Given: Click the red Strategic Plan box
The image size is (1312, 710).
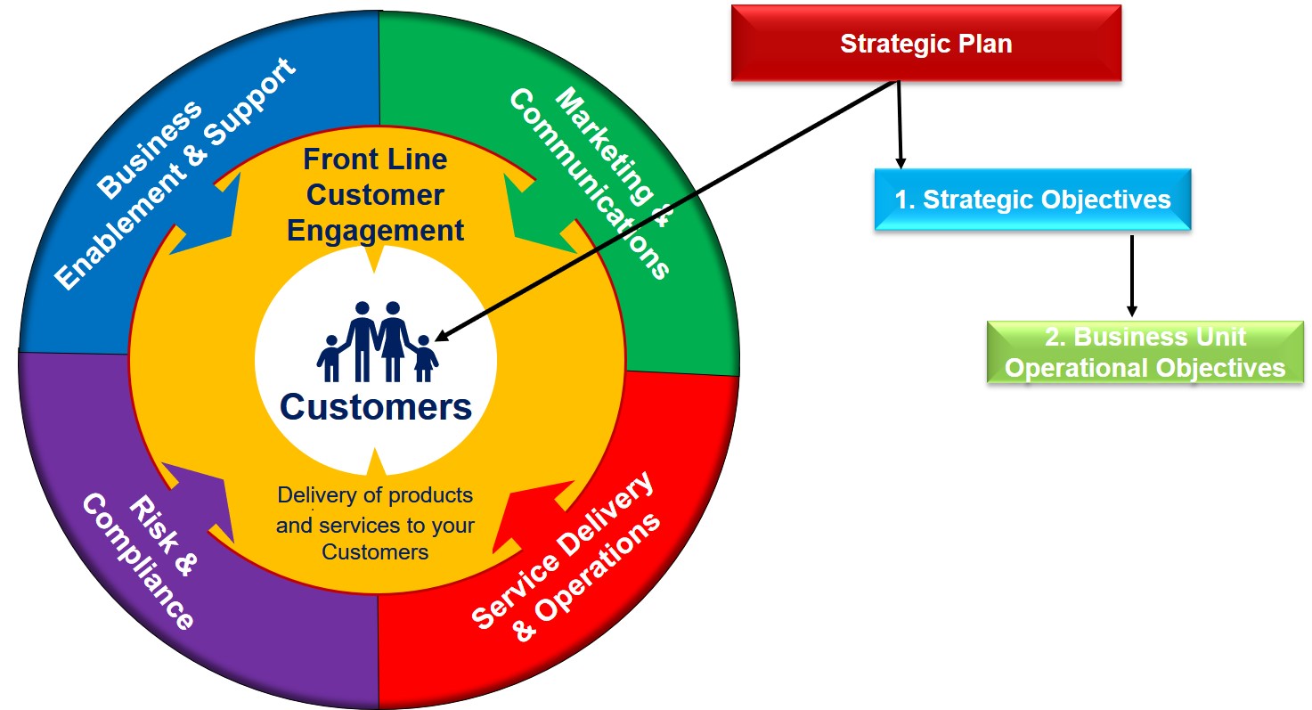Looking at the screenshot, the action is [x=926, y=43].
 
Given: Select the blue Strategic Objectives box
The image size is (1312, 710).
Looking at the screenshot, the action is [x=1032, y=200].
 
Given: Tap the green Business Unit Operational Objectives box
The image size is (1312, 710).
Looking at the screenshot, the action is [x=1145, y=352].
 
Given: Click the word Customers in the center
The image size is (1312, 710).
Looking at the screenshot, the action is [x=376, y=406].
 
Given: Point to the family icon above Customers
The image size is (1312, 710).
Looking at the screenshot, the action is [x=377, y=342].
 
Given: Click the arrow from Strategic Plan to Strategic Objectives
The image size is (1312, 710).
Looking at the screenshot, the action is [x=900, y=125].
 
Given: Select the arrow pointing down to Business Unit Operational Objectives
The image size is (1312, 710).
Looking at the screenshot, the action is [x=1131, y=276].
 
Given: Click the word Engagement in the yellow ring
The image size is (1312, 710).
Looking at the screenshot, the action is [x=375, y=230].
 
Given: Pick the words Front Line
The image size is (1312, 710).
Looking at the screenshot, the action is [x=375, y=159].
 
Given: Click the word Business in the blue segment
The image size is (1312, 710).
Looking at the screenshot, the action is [x=150, y=150].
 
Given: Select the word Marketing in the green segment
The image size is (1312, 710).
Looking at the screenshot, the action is [x=603, y=146].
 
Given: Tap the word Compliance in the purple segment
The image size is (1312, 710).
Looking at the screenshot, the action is [x=137, y=561].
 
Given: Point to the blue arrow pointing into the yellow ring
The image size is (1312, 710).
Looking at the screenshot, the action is [x=208, y=216].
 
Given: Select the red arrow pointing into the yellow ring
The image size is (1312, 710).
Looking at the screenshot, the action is [x=533, y=516].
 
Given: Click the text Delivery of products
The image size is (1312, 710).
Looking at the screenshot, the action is [x=375, y=495].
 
